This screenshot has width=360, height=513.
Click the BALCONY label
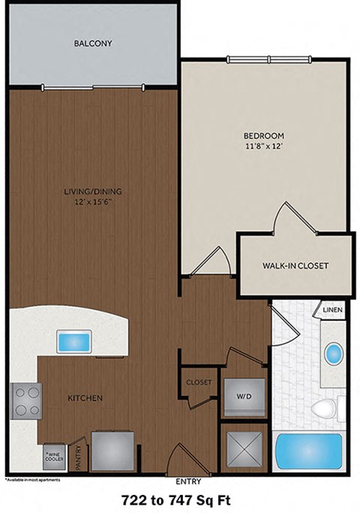point(93,43)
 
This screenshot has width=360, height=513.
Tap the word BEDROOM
point(263,135)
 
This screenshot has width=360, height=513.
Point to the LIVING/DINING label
point(93,190)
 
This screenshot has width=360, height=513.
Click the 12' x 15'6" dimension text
point(93,201)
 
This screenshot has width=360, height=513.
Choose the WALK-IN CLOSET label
point(295,265)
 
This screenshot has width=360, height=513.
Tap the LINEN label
point(332,309)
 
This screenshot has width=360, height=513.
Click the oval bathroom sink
point(333,353)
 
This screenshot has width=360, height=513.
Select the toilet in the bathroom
point(326,409)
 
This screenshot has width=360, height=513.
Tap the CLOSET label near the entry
point(199,382)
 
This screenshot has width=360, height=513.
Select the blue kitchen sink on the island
point(75,342)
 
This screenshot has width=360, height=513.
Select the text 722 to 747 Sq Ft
point(179,499)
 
